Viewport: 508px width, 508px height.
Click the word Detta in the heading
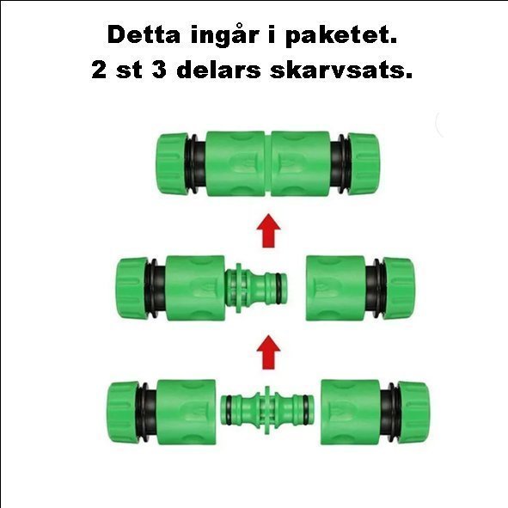click(x=144, y=34)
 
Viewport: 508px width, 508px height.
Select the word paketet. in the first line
click(x=341, y=37)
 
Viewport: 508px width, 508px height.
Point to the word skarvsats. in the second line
click(x=341, y=70)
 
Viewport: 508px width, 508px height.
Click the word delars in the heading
click(x=218, y=70)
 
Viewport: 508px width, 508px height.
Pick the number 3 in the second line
click(x=159, y=70)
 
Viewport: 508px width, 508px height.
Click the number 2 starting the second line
click(x=99, y=70)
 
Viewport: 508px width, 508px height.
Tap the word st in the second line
click(x=129, y=70)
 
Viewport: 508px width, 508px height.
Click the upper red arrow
click(x=268, y=230)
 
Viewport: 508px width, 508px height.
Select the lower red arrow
click(x=268, y=352)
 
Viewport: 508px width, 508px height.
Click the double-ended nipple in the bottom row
click(x=267, y=410)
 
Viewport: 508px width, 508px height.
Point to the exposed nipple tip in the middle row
click(x=275, y=288)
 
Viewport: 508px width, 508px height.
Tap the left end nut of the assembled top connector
click(x=172, y=164)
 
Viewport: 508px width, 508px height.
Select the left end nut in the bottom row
click(x=124, y=413)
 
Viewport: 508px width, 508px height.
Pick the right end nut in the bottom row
click(x=413, y=412)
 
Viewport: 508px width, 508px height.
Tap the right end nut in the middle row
click(x=399, y=288)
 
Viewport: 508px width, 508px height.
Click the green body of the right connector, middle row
click(x=335, y=288)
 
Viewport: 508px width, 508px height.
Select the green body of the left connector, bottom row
click(x=187, y=412)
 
